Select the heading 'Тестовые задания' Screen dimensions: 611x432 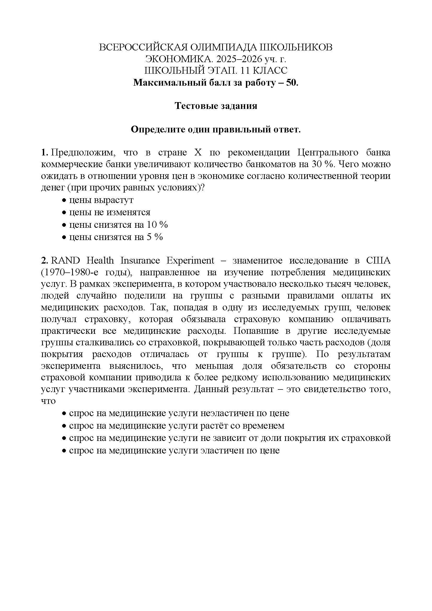[x=216, y=106]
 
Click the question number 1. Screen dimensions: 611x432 [x=44, y=153]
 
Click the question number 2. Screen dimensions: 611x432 [x=44, y=260]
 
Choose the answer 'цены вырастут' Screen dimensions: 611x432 [x=101, y=200]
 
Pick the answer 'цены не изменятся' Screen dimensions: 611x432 [x=110, y=212]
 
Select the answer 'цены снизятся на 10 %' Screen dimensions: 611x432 [x=118, y=225]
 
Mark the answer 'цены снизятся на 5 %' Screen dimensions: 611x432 [x=116, y=237]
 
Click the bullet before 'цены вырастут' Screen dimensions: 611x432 [x=64, y=200]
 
